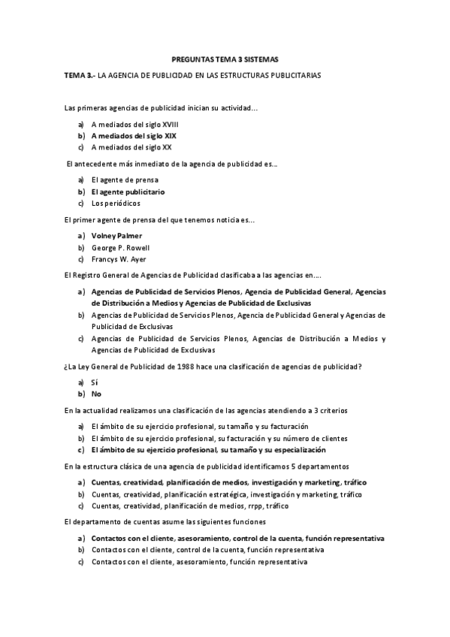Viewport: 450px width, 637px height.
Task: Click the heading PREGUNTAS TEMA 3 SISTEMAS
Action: coord(225,59)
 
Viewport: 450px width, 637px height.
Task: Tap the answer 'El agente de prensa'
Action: coord(125,180)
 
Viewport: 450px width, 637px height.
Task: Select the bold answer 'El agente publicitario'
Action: coord(128,192)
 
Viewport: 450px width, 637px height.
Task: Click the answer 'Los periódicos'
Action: coord(115,203)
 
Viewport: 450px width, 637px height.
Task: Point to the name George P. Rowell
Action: coord(120,247)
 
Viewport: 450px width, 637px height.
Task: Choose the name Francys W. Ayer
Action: coord(119,258)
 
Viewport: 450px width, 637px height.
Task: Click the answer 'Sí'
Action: coord(95,382)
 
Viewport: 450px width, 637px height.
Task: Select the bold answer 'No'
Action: coord(96,394)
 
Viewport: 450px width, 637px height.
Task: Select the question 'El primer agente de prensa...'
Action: coord(159,220)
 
